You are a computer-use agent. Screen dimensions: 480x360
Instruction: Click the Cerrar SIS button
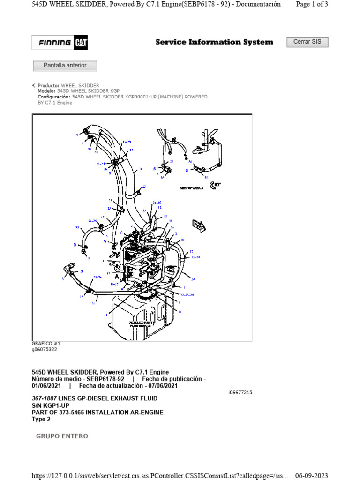click(307, 42)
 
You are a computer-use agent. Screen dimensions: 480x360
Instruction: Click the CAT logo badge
click(81, 43)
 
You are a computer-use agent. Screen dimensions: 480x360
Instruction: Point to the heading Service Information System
click(214, 42)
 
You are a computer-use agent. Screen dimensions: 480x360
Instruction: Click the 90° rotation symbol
click(215, 185)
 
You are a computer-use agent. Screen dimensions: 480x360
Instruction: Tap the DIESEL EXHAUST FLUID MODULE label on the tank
click(141, 324)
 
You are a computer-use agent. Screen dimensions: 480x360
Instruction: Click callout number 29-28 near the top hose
click(127, 141)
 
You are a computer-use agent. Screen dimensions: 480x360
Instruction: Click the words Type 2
click(41, 420)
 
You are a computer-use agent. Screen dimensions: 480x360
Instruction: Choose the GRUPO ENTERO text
click(62, 436)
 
